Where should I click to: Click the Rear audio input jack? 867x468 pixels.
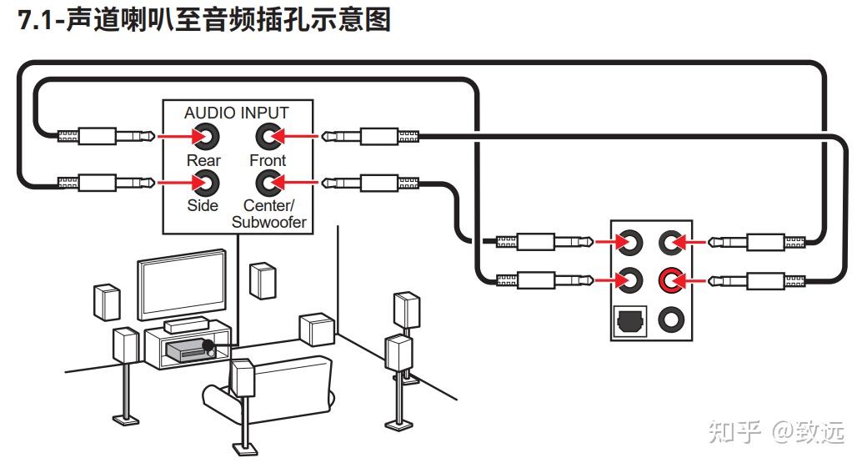(203, 134)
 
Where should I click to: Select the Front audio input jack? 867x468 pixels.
(267, 134)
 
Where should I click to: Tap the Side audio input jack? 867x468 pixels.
(203, 181)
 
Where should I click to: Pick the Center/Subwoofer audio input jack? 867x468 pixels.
(267, 181)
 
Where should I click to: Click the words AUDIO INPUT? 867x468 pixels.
(236, 113)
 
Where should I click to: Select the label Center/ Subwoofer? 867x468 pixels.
(268, 214)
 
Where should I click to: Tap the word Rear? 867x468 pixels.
(203, 160)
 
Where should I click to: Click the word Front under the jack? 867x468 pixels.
(267, 160)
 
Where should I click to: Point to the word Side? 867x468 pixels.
(203, 205)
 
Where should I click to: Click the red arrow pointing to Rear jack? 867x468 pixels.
(173, 134)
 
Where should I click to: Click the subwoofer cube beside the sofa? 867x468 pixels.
(317, 329)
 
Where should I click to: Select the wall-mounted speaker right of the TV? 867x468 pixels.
(263, 280)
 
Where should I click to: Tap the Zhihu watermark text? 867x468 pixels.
(776, 431)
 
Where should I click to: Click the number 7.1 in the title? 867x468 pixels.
(37, 20)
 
